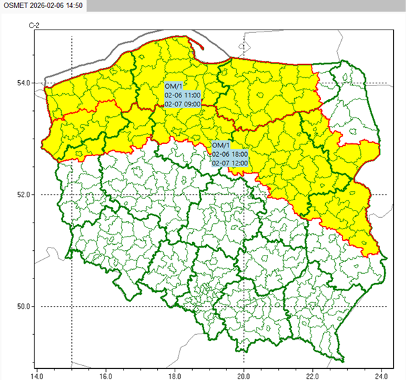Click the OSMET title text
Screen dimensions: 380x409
pyautogui.click(x=16, y=5)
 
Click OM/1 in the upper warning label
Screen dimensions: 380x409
pyautogui.click(x=173, y=87)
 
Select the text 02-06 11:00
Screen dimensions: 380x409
pyautogui.click(x=183, y=96)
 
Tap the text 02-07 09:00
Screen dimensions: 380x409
pyautogui.click(x=183, y=104)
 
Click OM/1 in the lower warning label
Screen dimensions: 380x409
pyautogui.click(x=220, y=145)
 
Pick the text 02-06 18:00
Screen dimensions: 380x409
pyautogui.click(x=230, y=154)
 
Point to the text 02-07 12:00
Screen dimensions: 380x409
pyautogui.click(x=230, y=163)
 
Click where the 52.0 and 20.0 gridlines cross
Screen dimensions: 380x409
pyautogui.click(x=244, y=194)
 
